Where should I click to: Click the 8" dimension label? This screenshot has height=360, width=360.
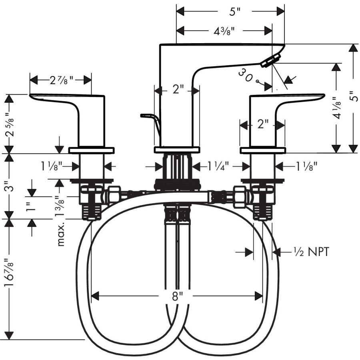pos(175,296)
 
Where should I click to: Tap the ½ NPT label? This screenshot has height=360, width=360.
pos(311,252)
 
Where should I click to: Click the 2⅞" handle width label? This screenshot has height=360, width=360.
pos(62,80)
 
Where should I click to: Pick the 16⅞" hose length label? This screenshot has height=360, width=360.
pos(9,272)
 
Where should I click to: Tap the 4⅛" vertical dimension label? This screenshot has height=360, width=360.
pos(337,108)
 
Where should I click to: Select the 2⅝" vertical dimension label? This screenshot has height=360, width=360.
pos(9,124)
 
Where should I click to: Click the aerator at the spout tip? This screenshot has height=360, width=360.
pos(271,61)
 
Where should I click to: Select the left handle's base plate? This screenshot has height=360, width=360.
pos(91,150)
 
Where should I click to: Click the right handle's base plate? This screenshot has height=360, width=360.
pos(263,150)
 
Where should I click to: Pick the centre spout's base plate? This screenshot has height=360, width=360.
pos(177,150)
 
